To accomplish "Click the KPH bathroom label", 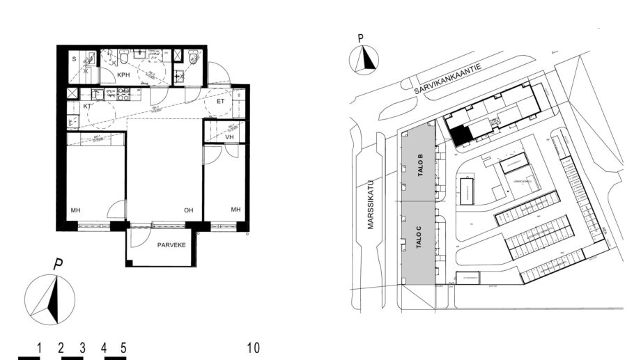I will pyautogui.click(x=124, y=75).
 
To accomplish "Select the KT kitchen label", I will pyautogui.click(x=88, y=107).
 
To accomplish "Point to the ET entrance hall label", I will pyautogui.click(x=221, y=101).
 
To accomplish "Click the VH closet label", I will pyautogui.click(x=230, y=137).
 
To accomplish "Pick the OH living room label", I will pyautogui.click(x=188, y=210).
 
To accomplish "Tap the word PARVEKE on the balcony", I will pyautogui.click(x=171, y=244).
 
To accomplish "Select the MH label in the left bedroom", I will pyautogui.click(x=75, y=210).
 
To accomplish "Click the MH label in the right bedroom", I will pyautogui.click(x=235, y=210).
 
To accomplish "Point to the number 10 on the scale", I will pyautogui.click(x=254, y=347).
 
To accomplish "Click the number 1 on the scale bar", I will pyautogui.click(x=40, y=347).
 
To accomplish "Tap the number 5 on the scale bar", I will pyautogui.click(x=123, y=347).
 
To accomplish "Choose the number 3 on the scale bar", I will pyautogui.click(x=82, y=347).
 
